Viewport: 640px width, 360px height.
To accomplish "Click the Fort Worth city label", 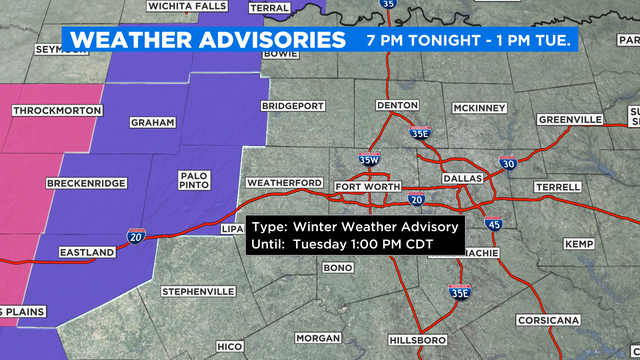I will click(368, 187).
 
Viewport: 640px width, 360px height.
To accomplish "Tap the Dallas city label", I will click(463, 178).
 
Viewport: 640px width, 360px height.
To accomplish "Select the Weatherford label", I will click(284, 182).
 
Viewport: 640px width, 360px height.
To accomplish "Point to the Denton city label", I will click(395, 105).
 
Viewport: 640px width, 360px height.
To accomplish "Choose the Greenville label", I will click(569, 119).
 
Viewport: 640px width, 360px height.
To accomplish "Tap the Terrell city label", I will click(558, 187).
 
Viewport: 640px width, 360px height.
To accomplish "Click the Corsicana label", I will click(549, 320).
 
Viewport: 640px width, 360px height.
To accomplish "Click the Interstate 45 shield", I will click(493, 226).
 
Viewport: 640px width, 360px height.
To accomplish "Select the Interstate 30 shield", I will click(509, 163).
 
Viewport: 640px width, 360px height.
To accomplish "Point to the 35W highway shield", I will click(369, 158).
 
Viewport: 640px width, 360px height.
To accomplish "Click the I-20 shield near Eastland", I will click(135, 236).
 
